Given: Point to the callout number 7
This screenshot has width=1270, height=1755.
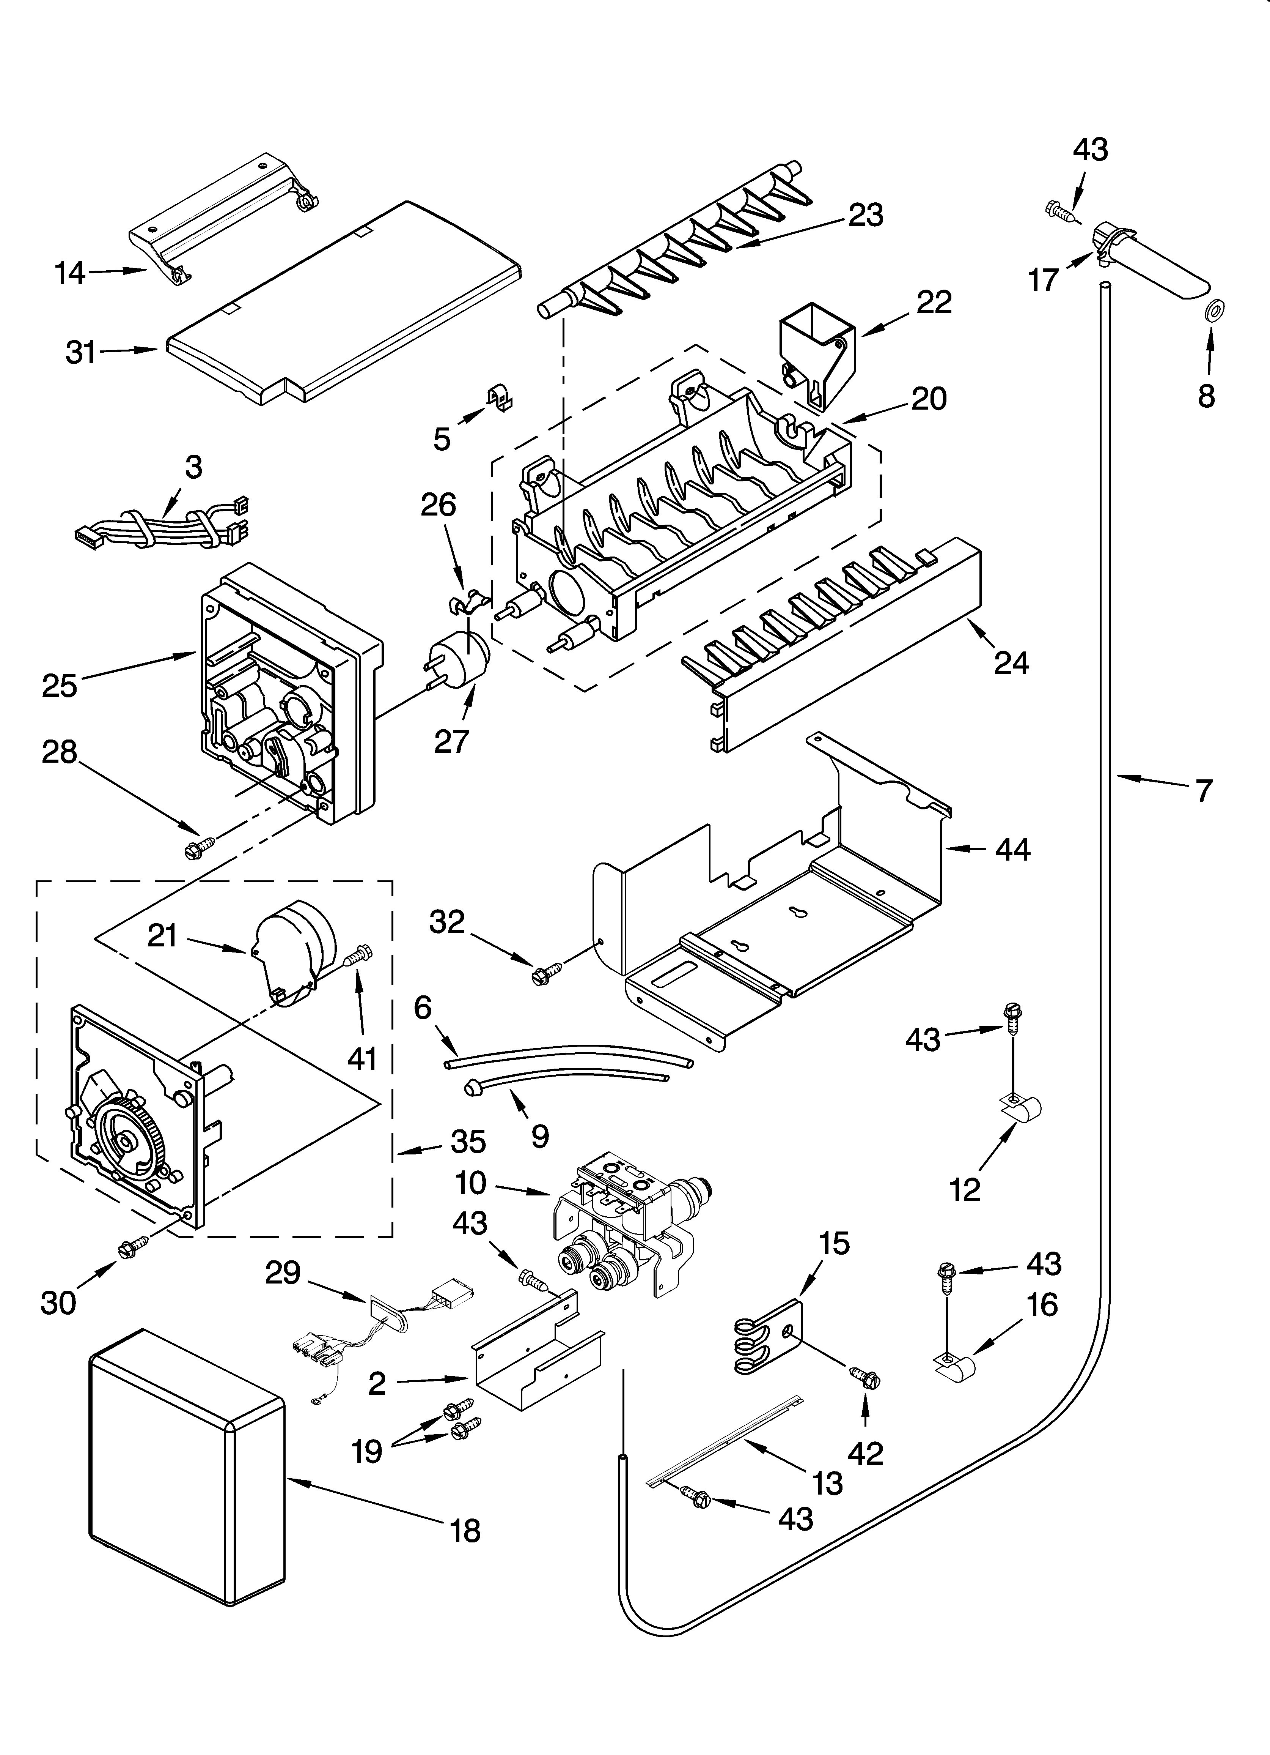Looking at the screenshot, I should click(x=1204, y=791).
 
